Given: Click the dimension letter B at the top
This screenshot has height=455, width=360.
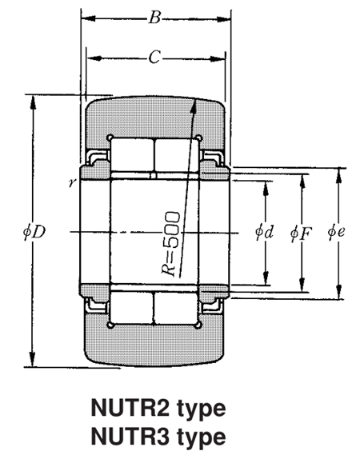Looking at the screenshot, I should click(154, 17).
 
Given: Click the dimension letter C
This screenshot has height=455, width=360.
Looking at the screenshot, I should click(154, 57).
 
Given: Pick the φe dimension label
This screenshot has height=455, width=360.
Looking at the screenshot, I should click(337, 233).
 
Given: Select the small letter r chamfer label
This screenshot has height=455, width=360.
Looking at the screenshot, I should click(73, 182).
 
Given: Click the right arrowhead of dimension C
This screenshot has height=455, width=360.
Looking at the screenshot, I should click(222, 58).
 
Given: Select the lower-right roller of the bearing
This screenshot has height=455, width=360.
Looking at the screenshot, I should click(175, 308).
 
